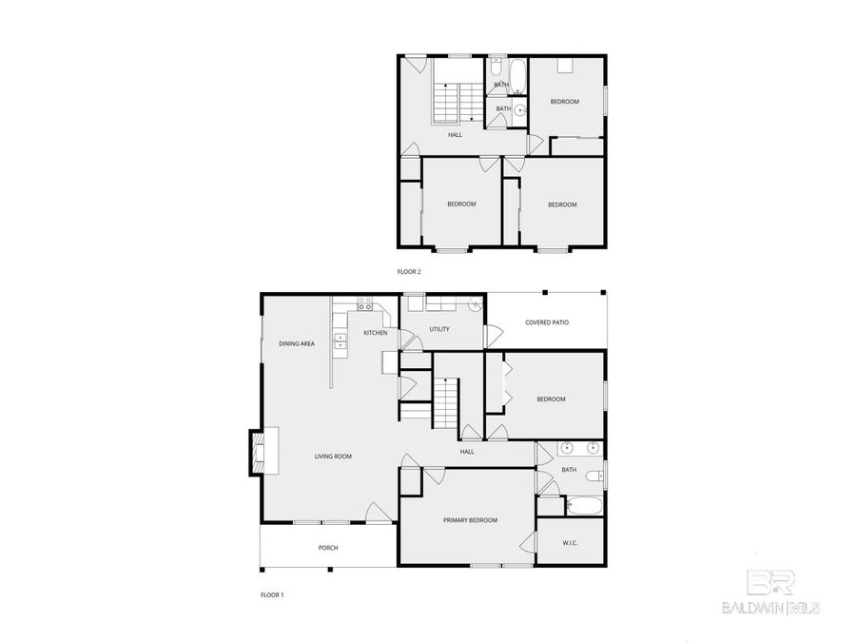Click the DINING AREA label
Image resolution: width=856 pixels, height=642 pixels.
click(x=297, y=343)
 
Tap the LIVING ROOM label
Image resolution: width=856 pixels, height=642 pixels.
click(x=333, y=457)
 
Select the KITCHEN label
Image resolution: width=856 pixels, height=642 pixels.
click(x=375, y=333)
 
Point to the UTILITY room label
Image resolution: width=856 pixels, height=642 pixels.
click(x=438, y=329)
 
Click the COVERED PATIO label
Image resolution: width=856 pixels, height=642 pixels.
click(x=547, y=323)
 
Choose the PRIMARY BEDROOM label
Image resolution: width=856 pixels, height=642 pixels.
click(x=470, y=520)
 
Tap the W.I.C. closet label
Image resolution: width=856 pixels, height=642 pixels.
click(x=571, y=543)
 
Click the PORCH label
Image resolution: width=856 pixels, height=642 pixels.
click(x=328, y=548)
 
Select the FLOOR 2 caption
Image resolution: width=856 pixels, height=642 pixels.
click(x=408, y=272)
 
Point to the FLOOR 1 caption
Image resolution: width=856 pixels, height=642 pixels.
click(x=272, y=595)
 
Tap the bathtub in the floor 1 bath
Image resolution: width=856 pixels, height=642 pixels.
click(x=580, y=505)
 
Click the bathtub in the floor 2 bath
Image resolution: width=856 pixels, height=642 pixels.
click(x=517, y=74)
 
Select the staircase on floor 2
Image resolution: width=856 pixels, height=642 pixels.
click(x=448, y=103)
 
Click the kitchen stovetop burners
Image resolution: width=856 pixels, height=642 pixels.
click(x=365, y=305)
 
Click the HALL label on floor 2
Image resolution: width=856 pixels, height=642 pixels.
click(x=456, y=135)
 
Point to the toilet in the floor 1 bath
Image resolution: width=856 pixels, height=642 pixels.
click(x=593, y=477)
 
